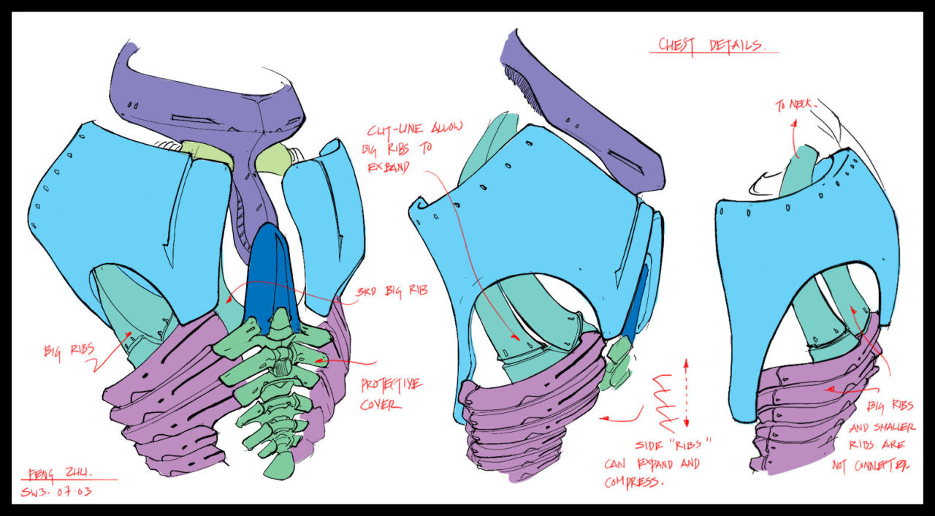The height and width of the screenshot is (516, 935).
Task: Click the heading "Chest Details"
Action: (x=711, y=45)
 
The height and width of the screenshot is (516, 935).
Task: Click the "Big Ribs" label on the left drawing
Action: (x=66, y=349)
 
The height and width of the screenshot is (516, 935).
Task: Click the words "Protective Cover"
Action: (x=390, y=394)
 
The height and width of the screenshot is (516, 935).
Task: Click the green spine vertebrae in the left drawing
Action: (x=273, y=387)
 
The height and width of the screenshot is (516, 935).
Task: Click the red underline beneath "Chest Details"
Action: (x=713, y=53)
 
